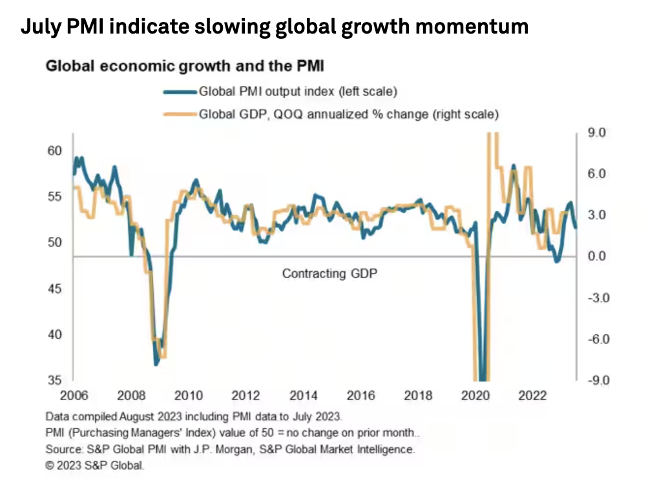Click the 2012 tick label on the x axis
coord(245,395)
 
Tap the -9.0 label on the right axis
coord(598,381)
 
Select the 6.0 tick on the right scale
coord(598,174)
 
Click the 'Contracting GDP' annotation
coord(329,274)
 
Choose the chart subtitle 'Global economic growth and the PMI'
coord(184,66)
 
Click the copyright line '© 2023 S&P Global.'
coord(95,464)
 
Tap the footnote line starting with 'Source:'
coord(230,448)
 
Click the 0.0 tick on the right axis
coord(598,256)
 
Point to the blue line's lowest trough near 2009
coord(156,365)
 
